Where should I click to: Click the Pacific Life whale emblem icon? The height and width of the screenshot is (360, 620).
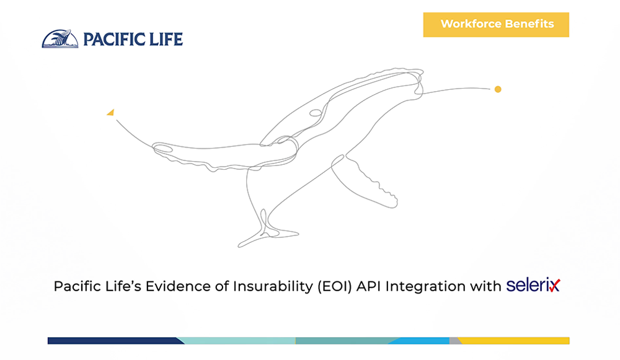(60, 39)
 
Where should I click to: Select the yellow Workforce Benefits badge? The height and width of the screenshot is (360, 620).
(496, 25)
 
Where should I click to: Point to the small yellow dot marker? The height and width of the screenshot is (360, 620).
(498, 89)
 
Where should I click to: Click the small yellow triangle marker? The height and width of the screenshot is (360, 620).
(111, 113)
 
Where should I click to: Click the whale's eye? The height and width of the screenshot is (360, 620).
(316, 113)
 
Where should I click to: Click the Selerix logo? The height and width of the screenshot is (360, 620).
(533, 285)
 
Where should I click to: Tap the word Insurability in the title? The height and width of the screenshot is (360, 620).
(273, 286)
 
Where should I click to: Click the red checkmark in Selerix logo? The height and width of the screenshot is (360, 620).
(554, 285)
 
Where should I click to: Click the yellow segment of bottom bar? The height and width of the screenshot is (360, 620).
(514, 341)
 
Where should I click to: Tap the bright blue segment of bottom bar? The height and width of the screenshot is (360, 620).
(420, 341)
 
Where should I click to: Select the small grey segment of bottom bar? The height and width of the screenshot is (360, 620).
(454, 341)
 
